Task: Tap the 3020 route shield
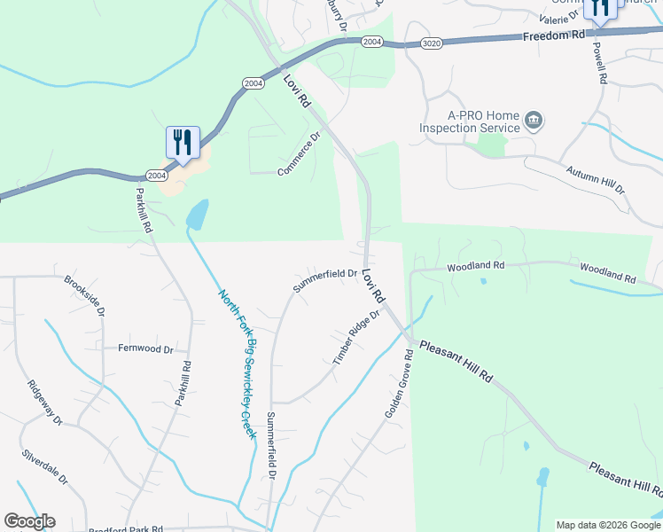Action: coord(431,42)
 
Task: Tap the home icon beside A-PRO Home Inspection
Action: coord(534,120)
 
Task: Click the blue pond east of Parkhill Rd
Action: coord(197,214)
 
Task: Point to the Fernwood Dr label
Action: coord(145,348)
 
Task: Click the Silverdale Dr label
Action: coord(45,467)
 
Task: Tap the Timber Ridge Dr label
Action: coord(356,338)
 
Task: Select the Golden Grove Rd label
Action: coord(400,384)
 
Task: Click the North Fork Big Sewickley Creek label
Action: coord(237,364)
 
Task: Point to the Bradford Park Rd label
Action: coord(127,528)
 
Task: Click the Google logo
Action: coord(29,521)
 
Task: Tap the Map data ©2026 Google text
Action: coord(606,525)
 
